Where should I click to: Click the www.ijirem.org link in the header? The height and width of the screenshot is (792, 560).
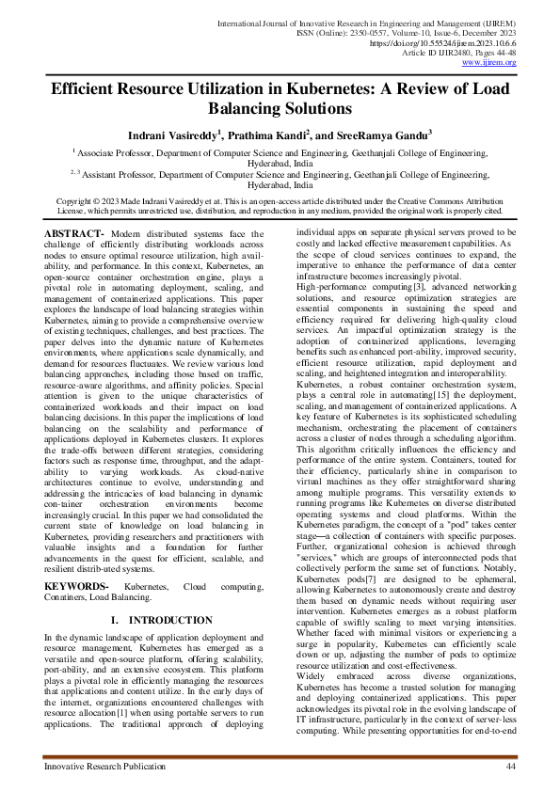click(x=508, y=63)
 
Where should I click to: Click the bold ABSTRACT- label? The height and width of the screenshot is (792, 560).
click(x=74, y=232)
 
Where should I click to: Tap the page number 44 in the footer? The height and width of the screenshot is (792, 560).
click(x=511, y=768)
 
